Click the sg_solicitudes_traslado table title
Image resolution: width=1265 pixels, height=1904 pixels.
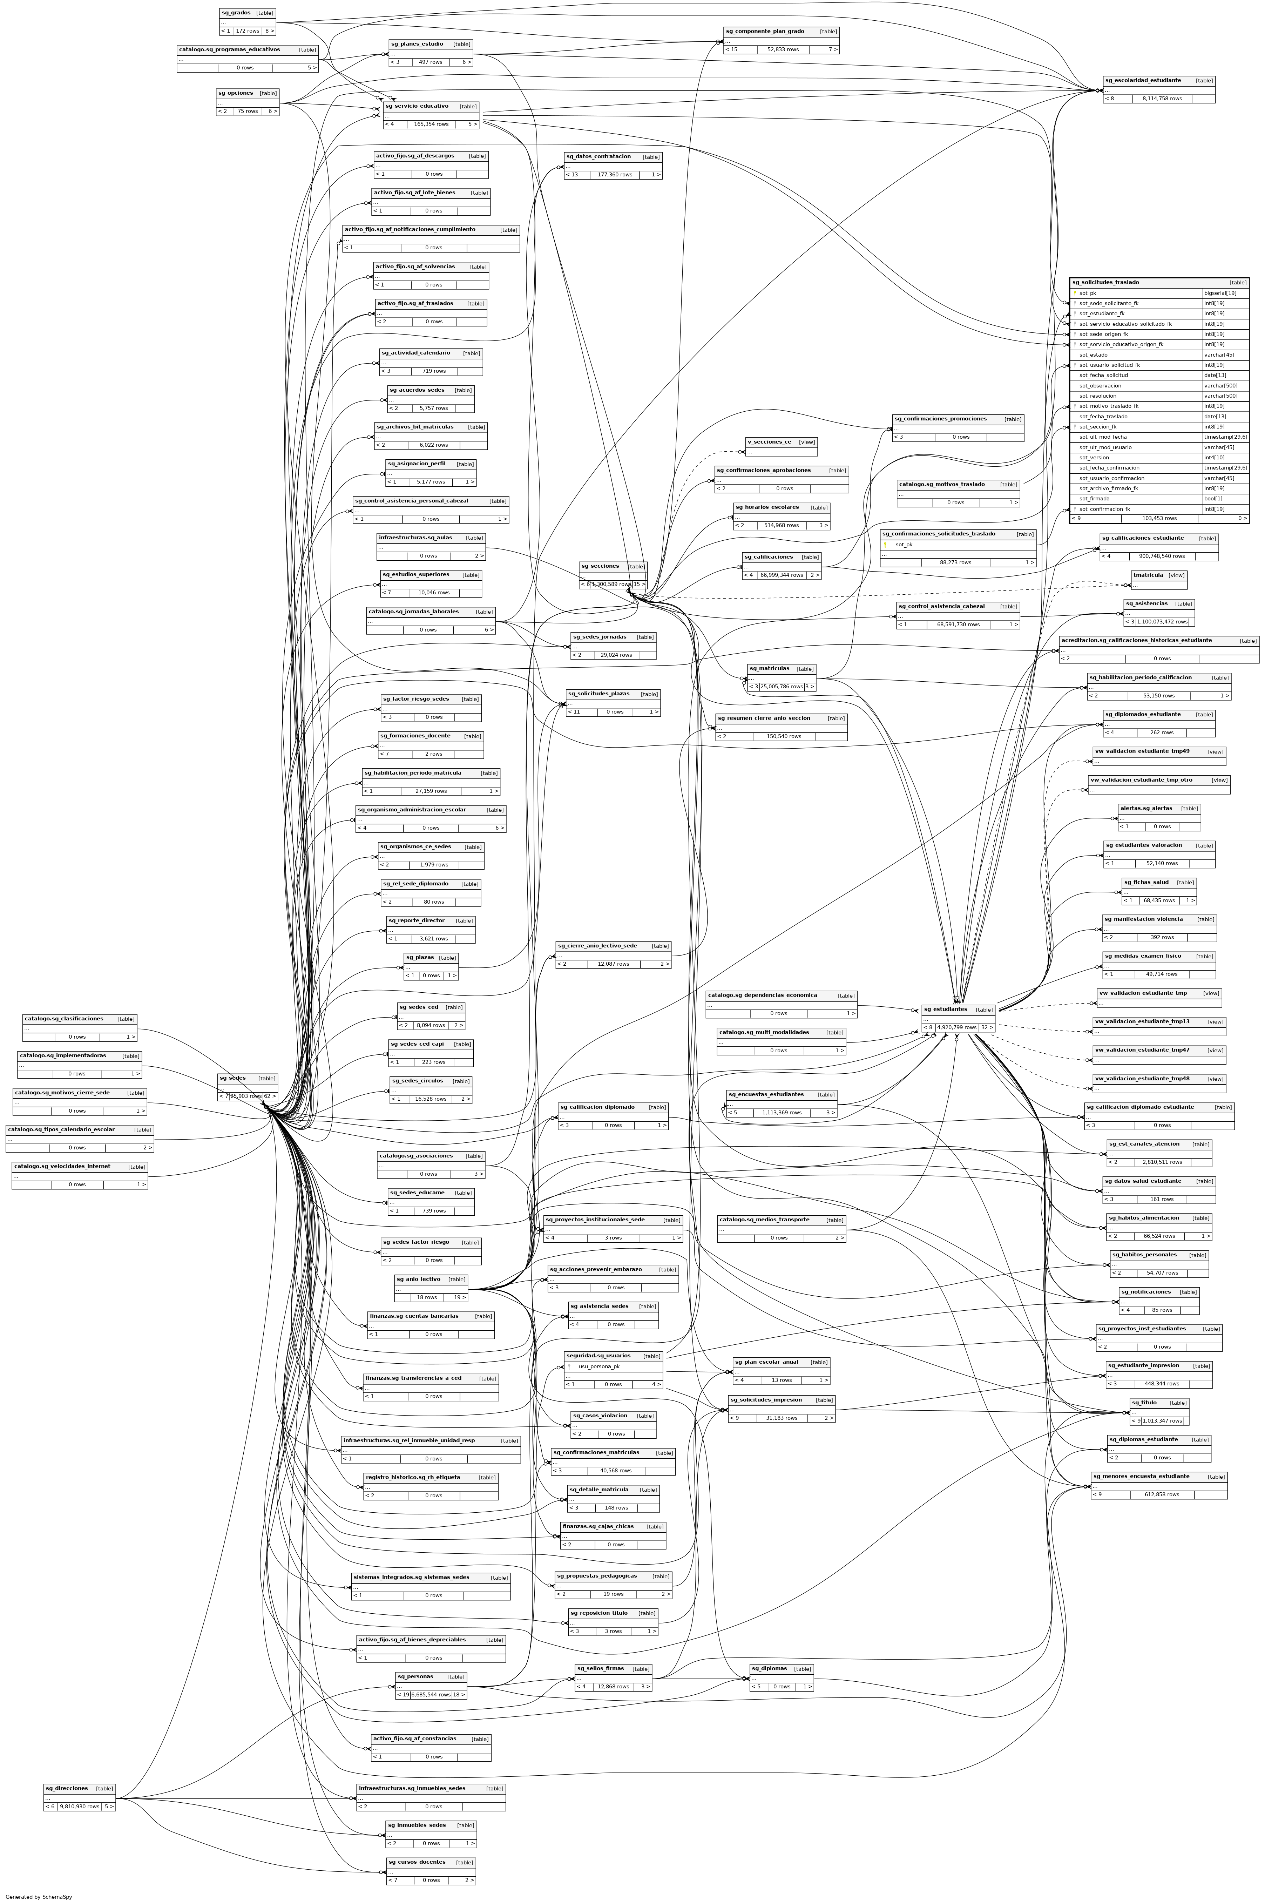[x=1105, y=282]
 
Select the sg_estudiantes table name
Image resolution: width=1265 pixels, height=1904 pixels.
[x=946, y=1009]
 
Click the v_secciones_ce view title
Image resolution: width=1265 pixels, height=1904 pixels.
[x=769, y=442]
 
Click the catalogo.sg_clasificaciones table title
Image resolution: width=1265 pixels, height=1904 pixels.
[x=64, y=1019]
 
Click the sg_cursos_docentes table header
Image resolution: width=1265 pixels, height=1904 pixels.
[x=416, y=1862]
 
